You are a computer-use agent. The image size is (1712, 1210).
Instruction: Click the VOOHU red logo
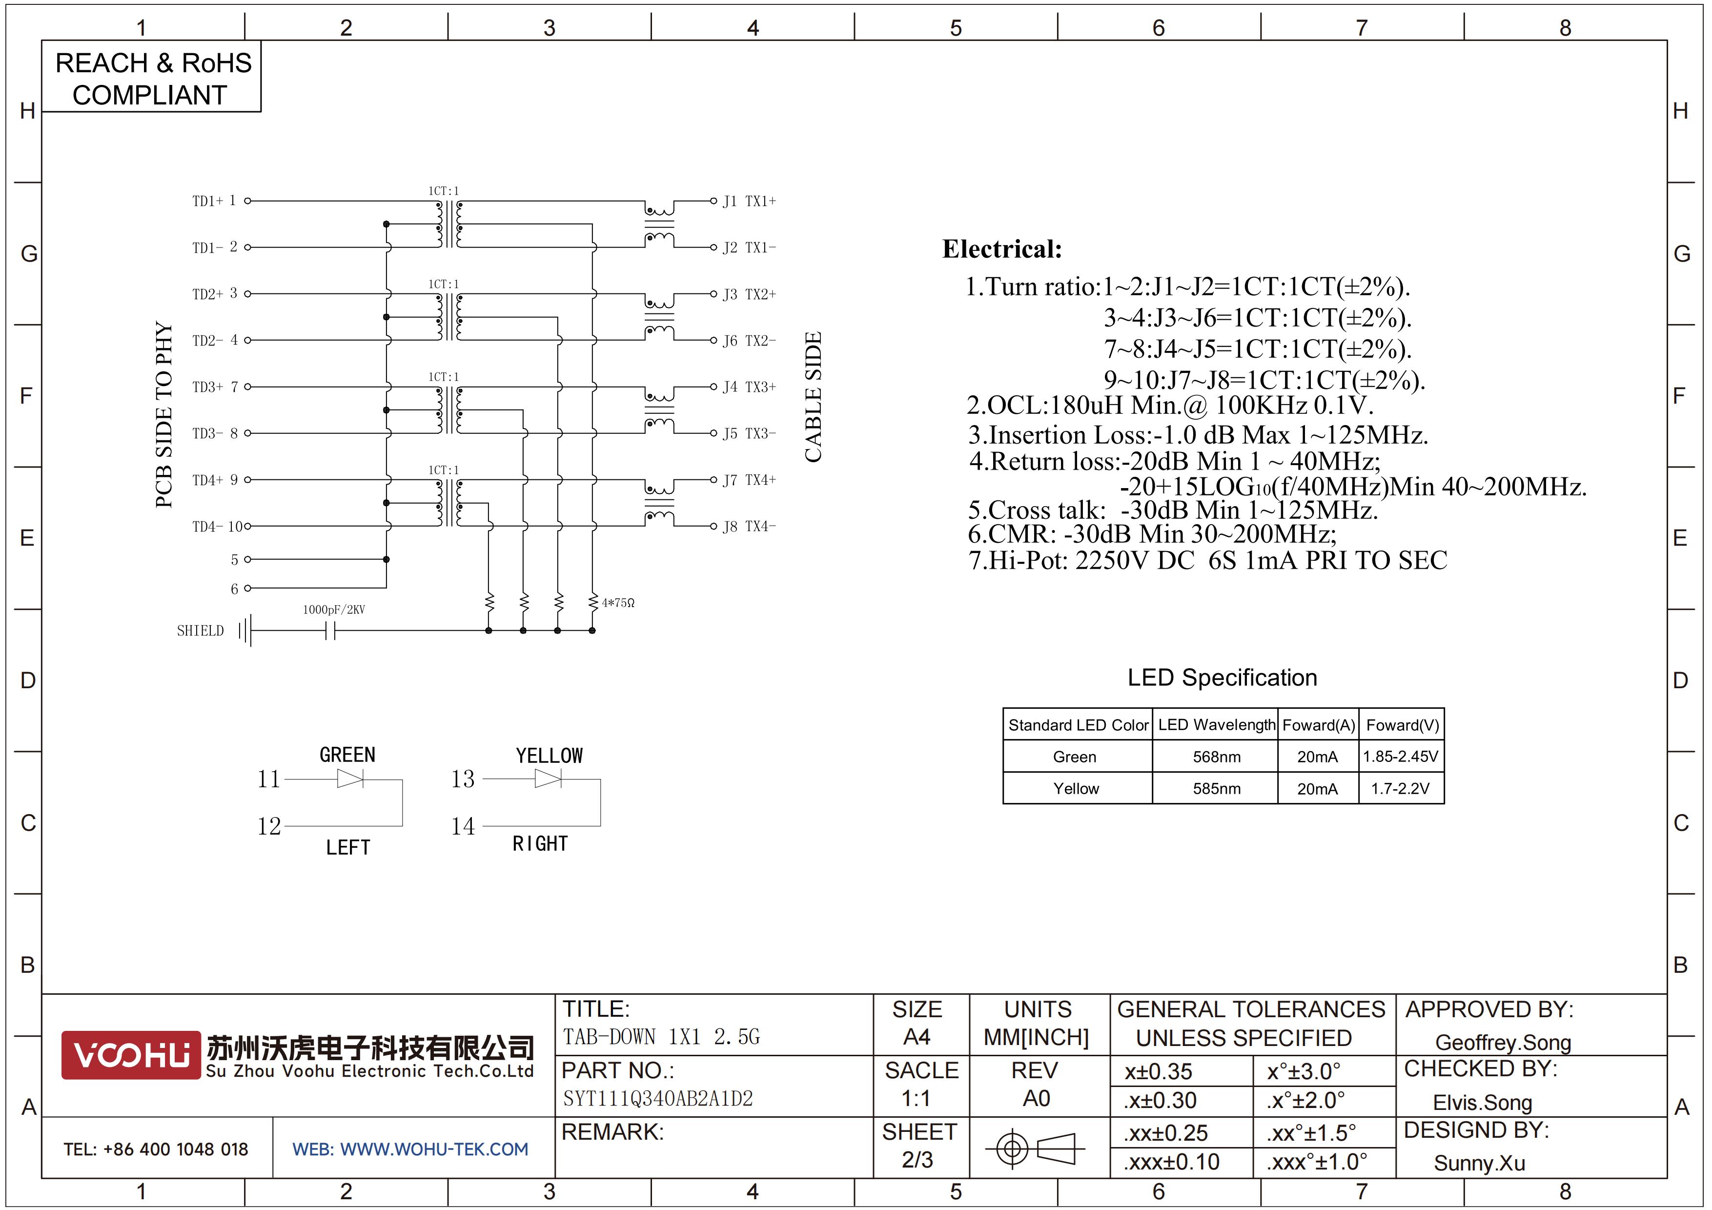click(131, 1055)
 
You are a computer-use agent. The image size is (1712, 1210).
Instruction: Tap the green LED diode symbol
click(350, 779)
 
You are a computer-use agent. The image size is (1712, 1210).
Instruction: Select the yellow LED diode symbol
click(548, 779)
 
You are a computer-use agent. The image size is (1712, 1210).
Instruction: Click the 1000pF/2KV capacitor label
click(334, 610)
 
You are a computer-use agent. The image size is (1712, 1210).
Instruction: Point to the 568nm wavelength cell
click(1216, 757)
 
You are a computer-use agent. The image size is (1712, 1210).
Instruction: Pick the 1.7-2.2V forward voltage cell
click(1400, 789)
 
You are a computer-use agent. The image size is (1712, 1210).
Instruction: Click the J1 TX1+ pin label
click(750, 201)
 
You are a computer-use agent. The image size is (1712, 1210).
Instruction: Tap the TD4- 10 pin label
click(217, 526)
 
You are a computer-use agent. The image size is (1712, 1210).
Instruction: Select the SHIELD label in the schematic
click(200, 631)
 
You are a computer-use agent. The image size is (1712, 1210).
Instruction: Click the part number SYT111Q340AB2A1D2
click(658, 1099)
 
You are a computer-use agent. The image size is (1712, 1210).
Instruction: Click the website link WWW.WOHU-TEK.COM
click(434, 1149)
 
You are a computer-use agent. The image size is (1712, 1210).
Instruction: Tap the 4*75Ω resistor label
click(618, 602)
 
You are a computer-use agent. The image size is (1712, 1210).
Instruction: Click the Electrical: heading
click(1002, 249)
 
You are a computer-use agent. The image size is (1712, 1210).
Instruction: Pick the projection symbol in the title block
click(1035, 1148)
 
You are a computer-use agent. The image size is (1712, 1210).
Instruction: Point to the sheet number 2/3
click(917, 1160)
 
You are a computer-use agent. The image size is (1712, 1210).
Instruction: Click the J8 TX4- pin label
click(750, 526)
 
